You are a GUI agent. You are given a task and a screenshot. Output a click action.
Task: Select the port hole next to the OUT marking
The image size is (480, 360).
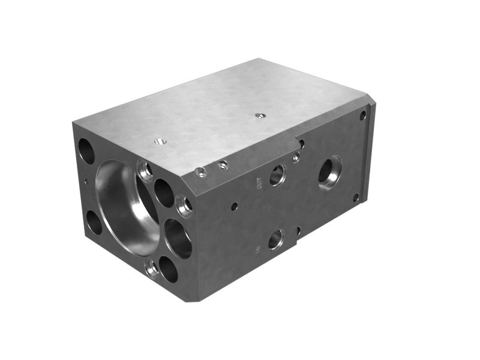click(277, 175)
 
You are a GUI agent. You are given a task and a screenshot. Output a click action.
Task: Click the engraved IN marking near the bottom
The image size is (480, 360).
click(257, 248)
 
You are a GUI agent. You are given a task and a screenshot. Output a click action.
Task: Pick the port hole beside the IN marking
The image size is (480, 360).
click(275, 239)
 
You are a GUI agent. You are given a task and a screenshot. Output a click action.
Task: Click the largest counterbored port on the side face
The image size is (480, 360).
click(329, 172)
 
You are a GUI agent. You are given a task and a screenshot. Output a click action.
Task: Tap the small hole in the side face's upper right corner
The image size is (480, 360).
click(362, 115)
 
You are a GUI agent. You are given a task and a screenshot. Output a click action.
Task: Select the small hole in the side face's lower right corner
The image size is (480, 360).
click(356, 197)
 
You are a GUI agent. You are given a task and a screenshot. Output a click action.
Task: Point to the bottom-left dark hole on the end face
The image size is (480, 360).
click(94, 222)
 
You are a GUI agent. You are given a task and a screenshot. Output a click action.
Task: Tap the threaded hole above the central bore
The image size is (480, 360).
click(145, 170)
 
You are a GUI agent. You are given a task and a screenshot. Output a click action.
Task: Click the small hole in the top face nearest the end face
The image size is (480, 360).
click(160, 142)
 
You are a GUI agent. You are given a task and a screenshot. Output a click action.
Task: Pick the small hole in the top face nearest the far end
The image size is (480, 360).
click(259, 115)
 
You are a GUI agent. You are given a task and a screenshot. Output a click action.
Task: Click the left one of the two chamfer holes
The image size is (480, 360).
click(202, 172)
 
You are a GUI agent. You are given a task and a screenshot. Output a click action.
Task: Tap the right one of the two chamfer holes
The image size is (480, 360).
click(223, 164)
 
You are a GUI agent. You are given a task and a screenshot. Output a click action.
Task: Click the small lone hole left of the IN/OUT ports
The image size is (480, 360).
click(234, 206)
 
